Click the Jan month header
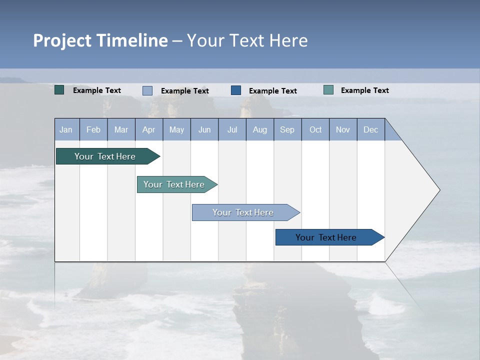click(66, 129)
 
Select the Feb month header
click(93, 129)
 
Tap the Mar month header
click(121, 129)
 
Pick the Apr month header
click(149, 129)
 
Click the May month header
click(176, 129)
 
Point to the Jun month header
click(204, 129)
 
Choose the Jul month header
click(232, 129)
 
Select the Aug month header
click(260, 129)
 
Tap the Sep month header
click(287, 129)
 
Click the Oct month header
click(315, 129)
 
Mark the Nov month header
click(343, 129)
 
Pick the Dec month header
click(371, 129)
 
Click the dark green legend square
click(59, 90)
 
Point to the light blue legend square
click(147, 90)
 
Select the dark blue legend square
click(236, 90)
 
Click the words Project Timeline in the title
click(100, 40)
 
